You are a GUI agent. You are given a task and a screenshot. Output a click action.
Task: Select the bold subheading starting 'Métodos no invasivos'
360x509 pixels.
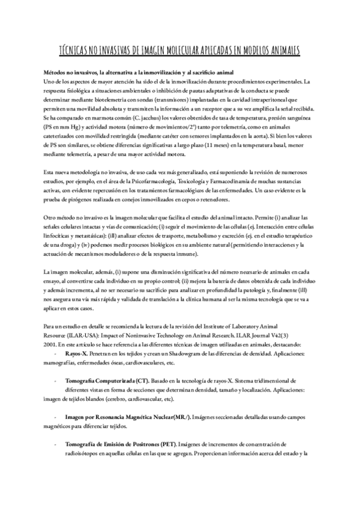130,71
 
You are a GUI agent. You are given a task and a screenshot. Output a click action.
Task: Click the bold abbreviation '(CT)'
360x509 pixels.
142,364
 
